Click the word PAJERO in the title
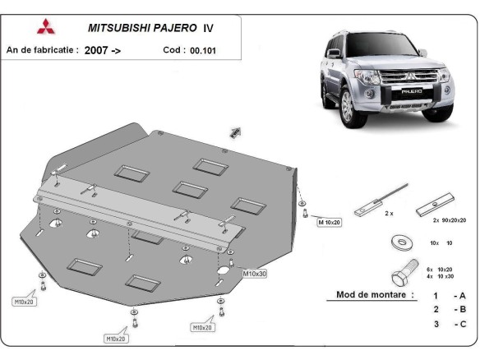[x=167, y=27]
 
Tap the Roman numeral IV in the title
[x=208, y=27]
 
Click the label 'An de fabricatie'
[x=41, y=50]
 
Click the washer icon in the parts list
[x=402, y=242]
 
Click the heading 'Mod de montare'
[x=375, y=294]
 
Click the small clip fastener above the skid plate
[x=236, y=132]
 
